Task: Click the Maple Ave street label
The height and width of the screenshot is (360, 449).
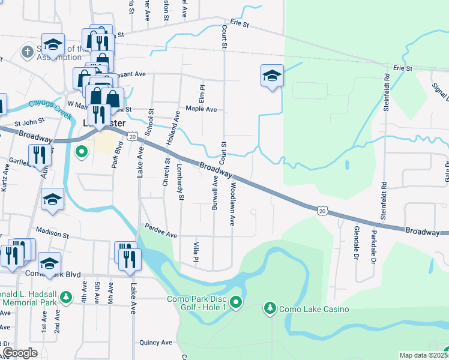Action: point(201,109)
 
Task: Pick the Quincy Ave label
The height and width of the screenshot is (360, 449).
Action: point(156,343)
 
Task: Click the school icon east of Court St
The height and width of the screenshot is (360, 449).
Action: point(273,76)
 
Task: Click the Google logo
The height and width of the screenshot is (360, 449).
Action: point(20,353)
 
